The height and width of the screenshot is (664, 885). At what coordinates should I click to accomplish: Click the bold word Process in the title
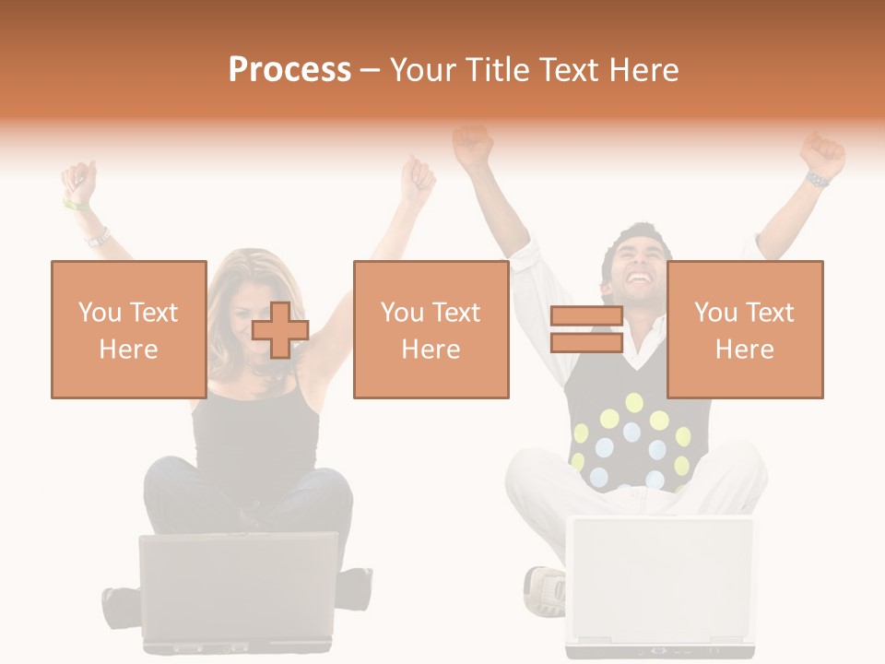tap(289, 70)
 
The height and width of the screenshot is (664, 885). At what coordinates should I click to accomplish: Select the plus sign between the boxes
tap(280, 329)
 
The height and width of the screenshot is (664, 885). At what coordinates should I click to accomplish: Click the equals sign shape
tap(586, 329)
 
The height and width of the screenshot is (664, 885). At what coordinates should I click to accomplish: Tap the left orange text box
tap(129, 329)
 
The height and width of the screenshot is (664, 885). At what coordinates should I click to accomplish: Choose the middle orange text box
tap(431, 329)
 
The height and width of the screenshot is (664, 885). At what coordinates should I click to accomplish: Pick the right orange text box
tap(745, 329)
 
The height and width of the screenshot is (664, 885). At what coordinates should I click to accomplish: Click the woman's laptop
tap(238, 590)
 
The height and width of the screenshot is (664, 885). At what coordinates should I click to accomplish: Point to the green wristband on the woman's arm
tap(76, 204)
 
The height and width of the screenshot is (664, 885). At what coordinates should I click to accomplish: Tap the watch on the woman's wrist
tap(98, 238)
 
